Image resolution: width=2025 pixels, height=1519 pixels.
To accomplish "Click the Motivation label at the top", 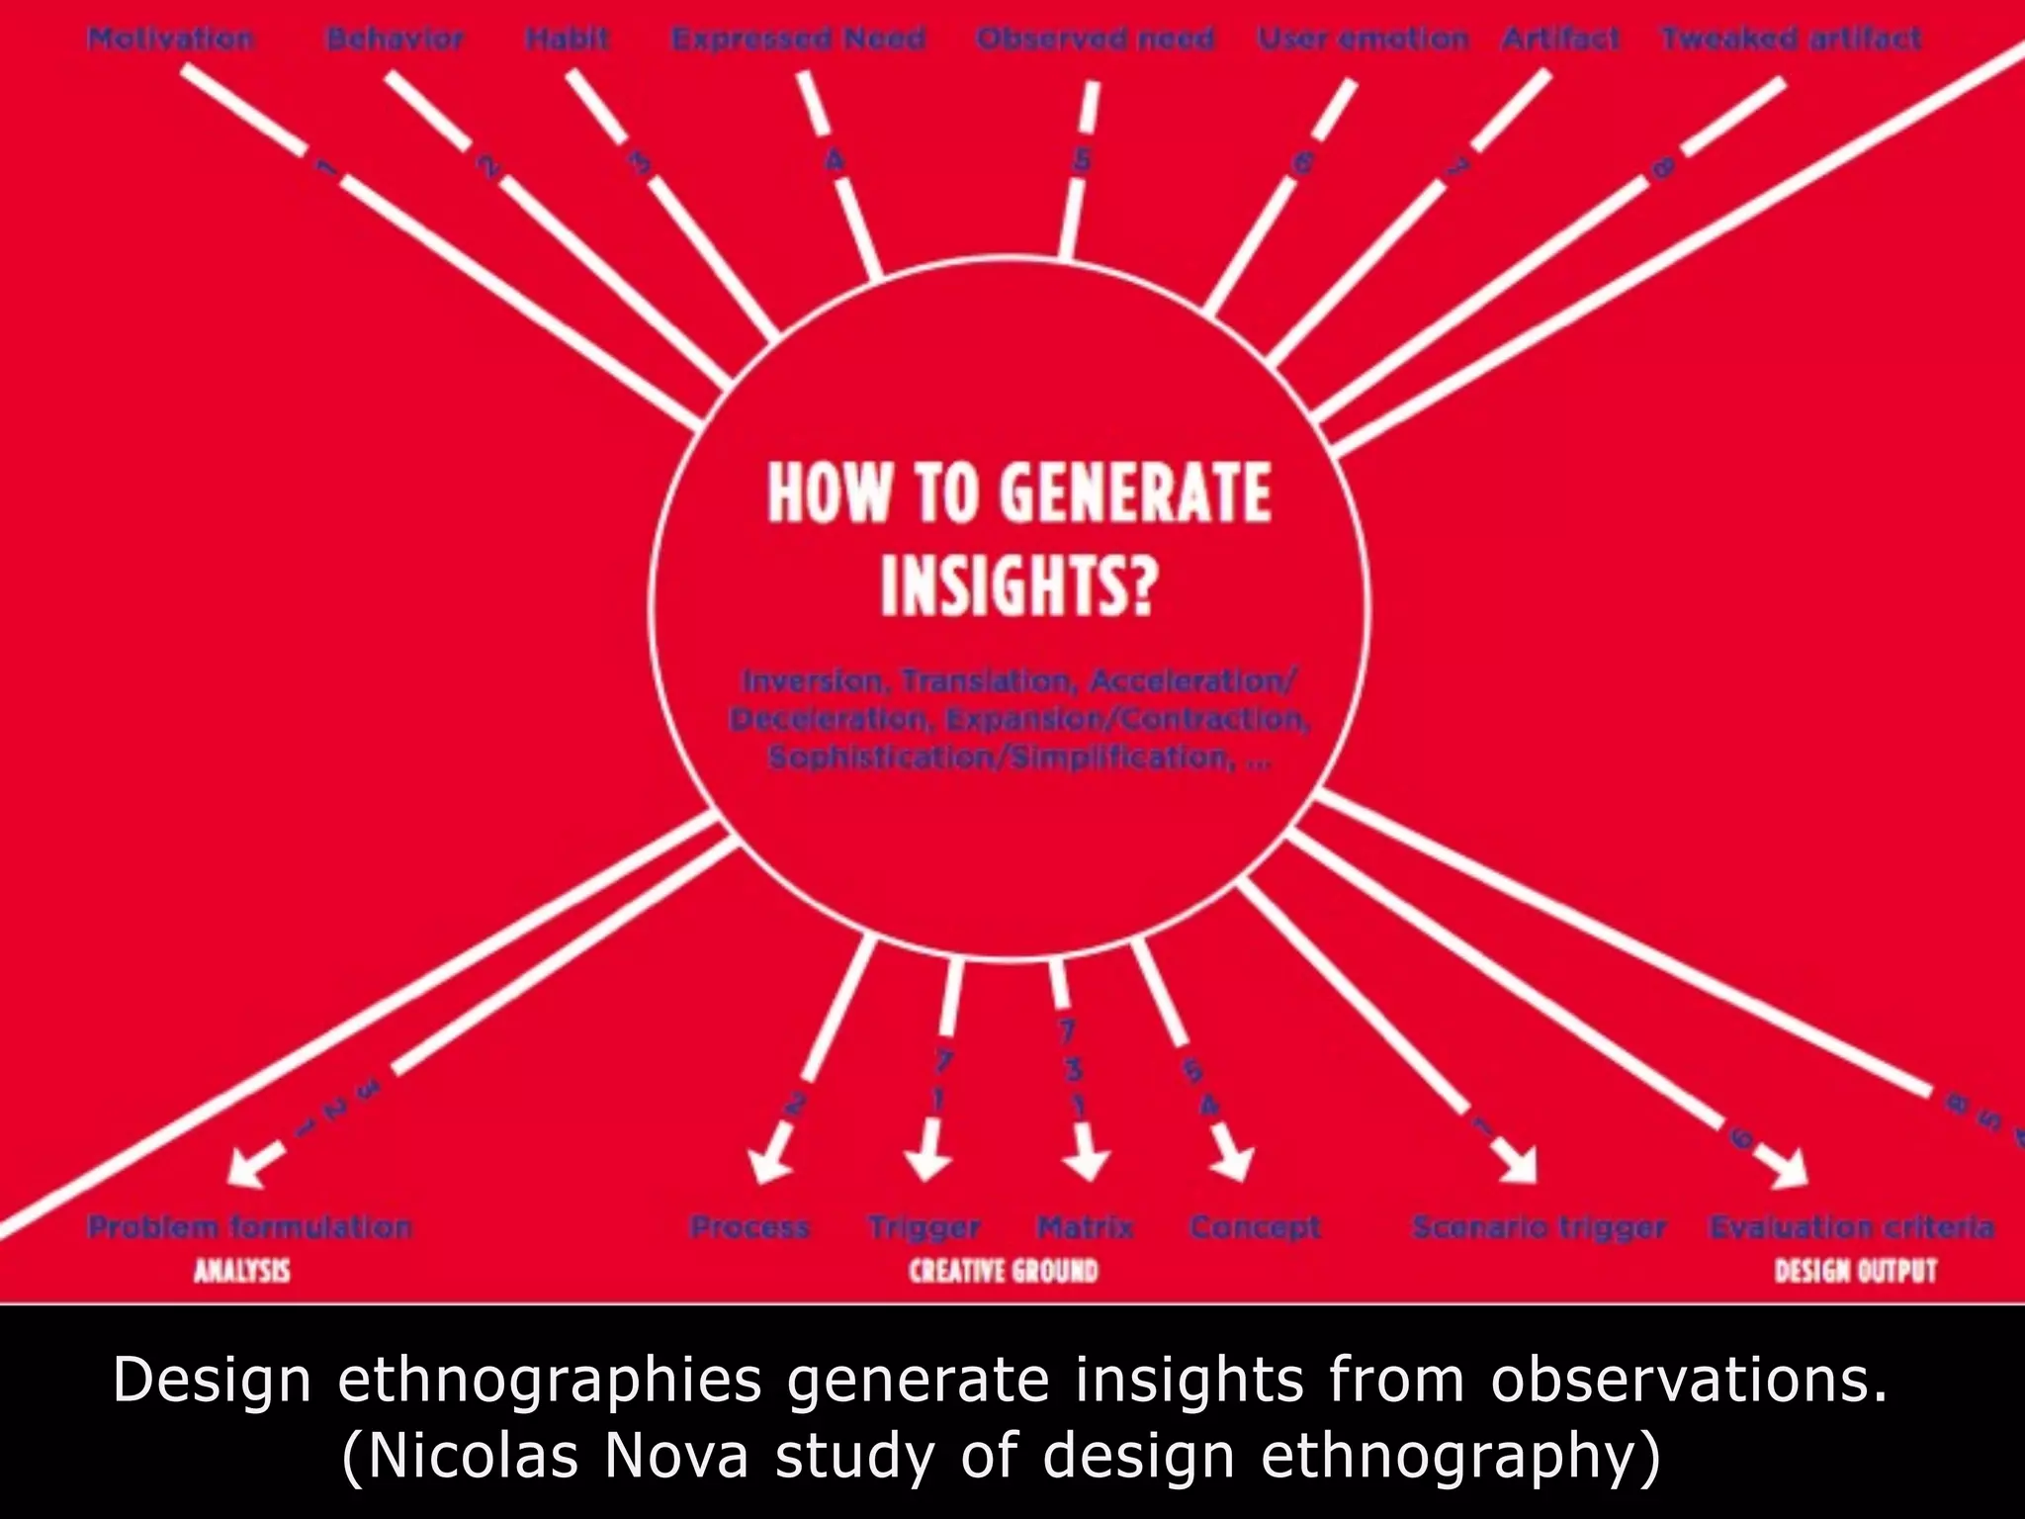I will (x=170, y=40).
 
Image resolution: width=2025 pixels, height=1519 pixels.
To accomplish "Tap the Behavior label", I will (x=395, y=40).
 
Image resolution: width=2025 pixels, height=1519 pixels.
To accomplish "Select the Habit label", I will (x=568, y=40).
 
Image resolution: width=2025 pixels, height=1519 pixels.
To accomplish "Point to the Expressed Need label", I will (x=798, y=40).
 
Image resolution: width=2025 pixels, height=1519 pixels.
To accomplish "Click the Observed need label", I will (x=1095, y=40).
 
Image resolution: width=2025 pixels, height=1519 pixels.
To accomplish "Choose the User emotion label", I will (x=1363, y=40).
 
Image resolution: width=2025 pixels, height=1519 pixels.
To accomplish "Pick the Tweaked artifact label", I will (x=1791, y=40).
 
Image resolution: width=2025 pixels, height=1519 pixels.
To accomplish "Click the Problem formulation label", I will (x=249, y=1227).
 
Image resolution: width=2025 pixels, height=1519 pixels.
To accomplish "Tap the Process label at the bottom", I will (x=749, y=1227).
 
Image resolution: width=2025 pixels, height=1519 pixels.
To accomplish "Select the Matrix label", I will (x=1085, y=1227).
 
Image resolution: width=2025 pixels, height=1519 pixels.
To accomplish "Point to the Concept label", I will (x=1255, y=1227).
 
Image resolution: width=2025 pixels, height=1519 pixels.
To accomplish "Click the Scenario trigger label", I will (x=1539, y=1227).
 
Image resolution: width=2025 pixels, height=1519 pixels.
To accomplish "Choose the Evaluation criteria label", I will (x=1851, y=1227).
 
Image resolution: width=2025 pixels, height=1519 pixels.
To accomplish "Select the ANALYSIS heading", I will (x=242, y=1271).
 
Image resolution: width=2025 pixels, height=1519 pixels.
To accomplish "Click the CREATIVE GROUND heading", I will (x=1004, y=1271).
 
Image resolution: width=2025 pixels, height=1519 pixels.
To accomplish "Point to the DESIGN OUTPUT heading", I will (x=1855, y=1271).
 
